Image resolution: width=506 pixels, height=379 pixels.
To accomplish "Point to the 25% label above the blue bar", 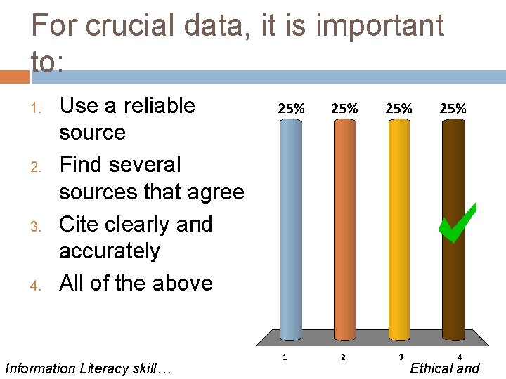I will point(292,109).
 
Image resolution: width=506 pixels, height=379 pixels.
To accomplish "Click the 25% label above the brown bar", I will point(453,109).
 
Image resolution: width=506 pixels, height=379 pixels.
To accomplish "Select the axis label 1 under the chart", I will point(284,357).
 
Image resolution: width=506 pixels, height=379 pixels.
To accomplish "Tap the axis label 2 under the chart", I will point(343,357).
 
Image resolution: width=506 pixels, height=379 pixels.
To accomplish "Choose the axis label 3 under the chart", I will point(398,357).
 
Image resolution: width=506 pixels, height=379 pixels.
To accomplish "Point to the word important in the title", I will point(380,26).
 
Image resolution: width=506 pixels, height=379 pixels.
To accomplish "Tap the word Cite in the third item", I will point(80,224).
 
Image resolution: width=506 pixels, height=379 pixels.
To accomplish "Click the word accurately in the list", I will point(110,251).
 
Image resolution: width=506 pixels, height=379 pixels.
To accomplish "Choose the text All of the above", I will point(136,283).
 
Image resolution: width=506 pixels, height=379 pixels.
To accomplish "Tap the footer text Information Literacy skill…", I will point(88,368).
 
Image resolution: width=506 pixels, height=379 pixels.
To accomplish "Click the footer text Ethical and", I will point(444,368).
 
